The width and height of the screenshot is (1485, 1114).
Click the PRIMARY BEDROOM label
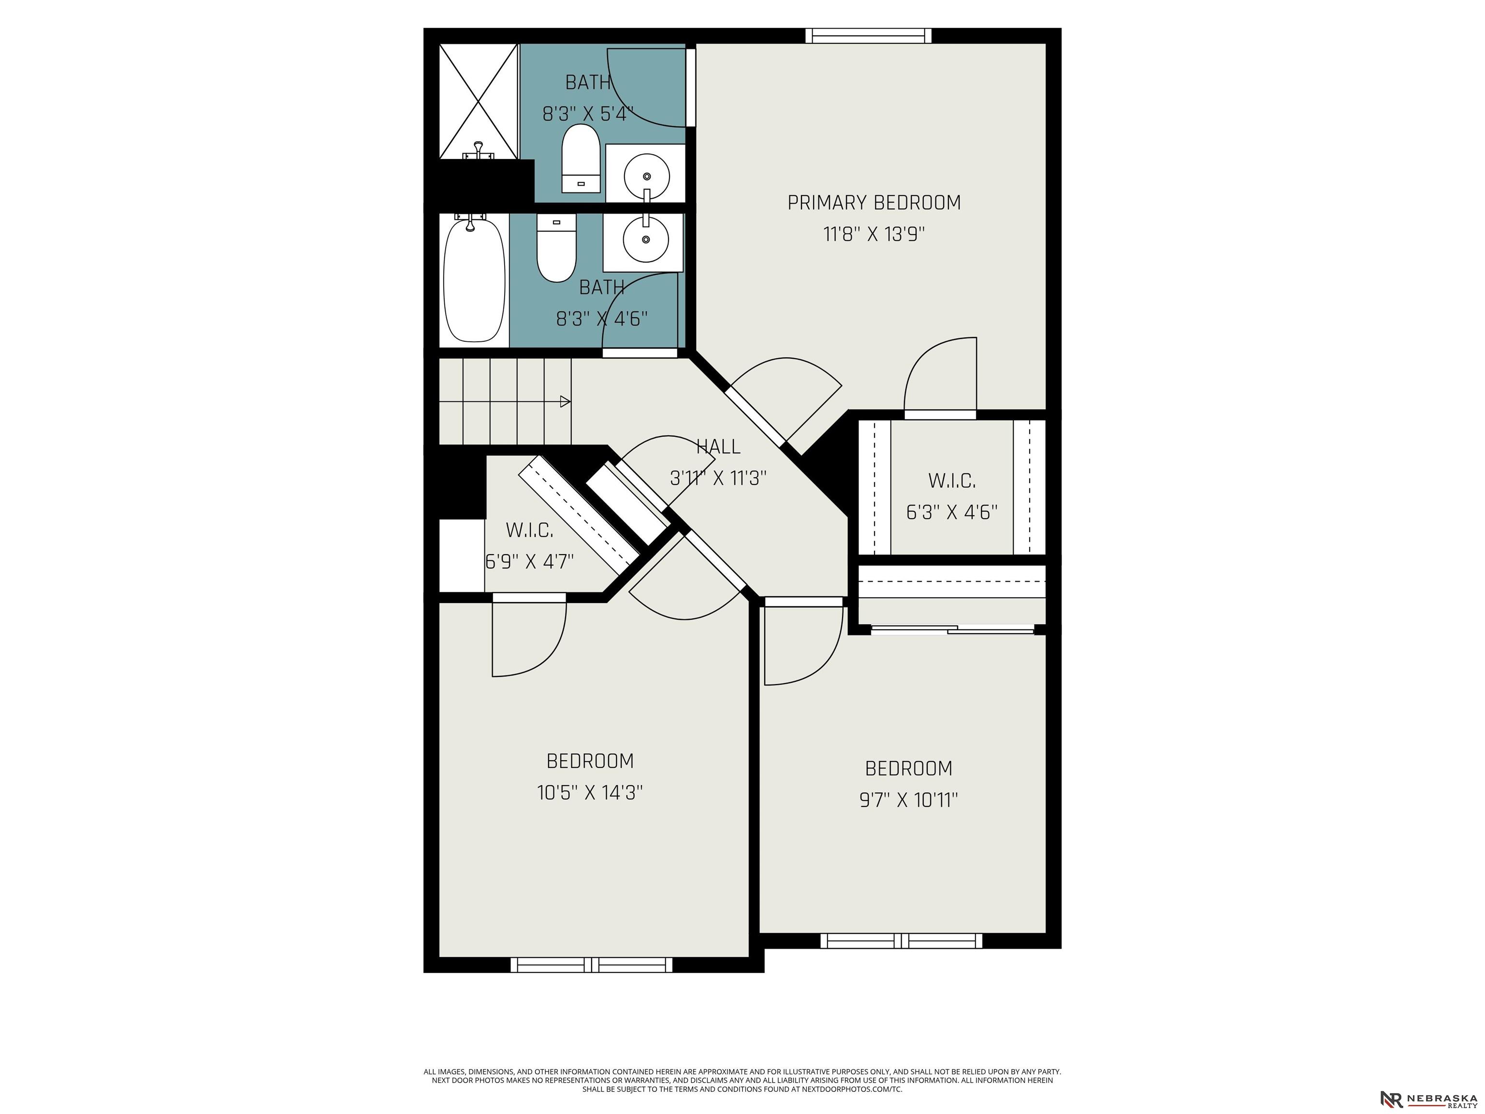(874, 202)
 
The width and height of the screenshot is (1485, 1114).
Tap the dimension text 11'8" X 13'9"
(874, 235)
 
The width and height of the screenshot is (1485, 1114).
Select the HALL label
(718, 447)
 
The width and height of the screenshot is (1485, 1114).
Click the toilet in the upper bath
(581, 159)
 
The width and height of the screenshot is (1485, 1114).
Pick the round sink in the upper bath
(646, 176)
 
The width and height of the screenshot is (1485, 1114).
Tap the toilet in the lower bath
(556, 247)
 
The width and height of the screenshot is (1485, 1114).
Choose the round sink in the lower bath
(645, 239)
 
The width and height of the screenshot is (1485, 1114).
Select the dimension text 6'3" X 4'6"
(951, 513)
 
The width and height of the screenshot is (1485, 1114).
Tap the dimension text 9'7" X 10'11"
(908, 800)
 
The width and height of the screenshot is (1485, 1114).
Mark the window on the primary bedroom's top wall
(869, 36)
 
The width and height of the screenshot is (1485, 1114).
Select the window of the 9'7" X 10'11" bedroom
(901, 940)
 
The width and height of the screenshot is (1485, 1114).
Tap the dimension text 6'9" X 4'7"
(530, 561)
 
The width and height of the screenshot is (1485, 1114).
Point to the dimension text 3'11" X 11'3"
(718, 478)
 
